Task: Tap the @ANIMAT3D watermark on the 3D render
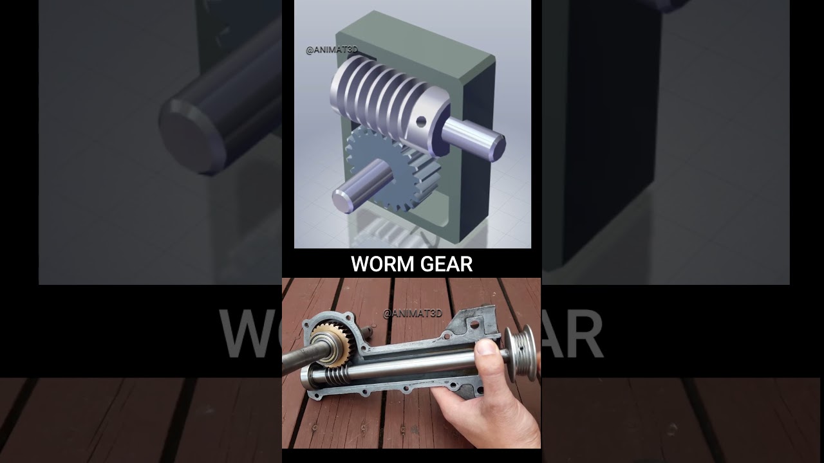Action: pos(331,50)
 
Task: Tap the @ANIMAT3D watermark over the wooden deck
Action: pos(413,314)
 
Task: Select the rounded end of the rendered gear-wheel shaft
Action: pos(341,199)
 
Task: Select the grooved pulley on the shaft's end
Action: pos(520,354)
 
